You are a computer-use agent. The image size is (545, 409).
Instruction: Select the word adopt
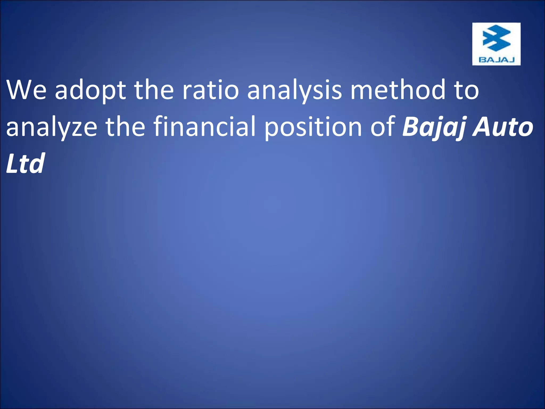90,91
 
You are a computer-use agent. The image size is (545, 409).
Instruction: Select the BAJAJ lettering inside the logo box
496,60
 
